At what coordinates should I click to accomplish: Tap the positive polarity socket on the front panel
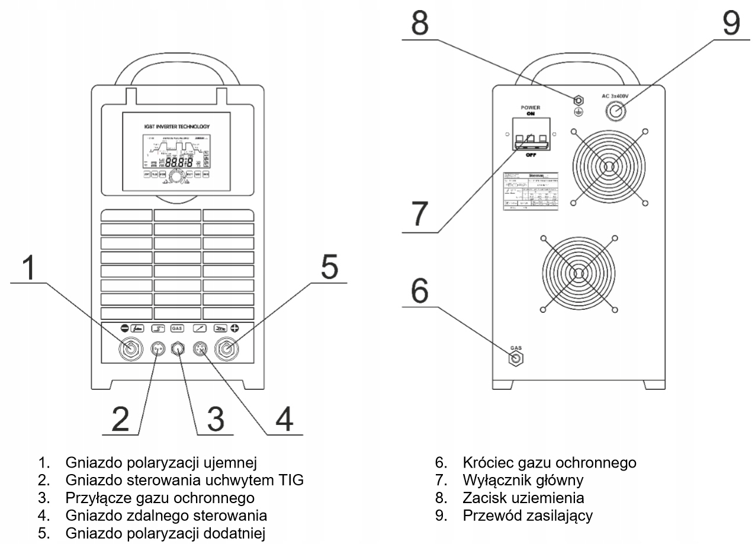tap(228, 350)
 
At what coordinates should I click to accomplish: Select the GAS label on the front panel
tap(176, 327)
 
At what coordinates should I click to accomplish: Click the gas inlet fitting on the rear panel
tap(515, 358)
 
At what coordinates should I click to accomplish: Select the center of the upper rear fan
tap(607, 167)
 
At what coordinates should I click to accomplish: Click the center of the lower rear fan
tap(578, 272)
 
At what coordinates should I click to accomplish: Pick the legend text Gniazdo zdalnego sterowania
tap(166, 516)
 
